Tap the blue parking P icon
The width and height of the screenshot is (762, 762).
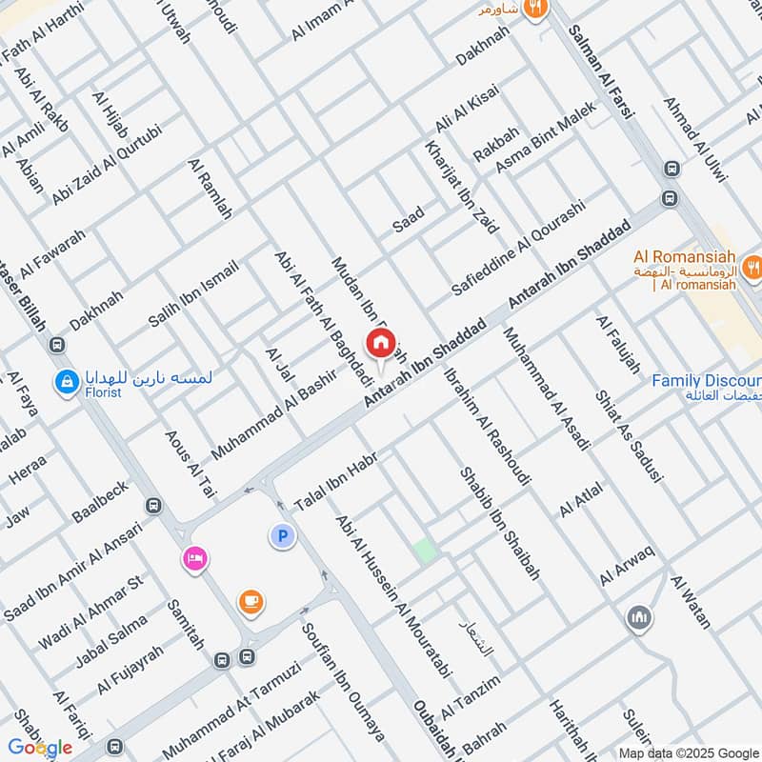[282, 537]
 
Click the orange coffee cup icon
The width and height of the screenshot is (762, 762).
[251, 602]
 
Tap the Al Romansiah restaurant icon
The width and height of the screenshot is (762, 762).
[753, 267]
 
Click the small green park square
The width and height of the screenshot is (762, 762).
[424, 551]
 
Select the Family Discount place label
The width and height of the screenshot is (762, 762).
[706, 381]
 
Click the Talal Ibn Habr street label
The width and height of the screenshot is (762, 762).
[336, 481]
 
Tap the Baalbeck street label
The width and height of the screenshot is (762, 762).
[99, 502]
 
